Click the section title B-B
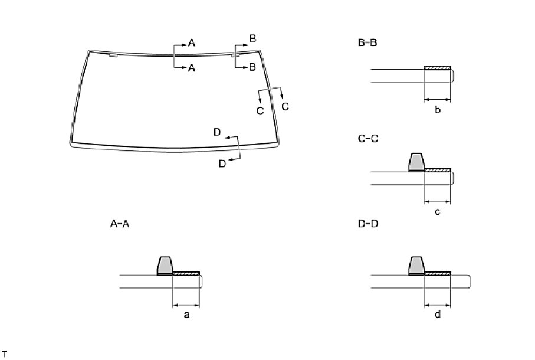click(367, 42)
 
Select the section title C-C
click(367, 139)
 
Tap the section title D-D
click(367, 224)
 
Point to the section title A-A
click(120, 224)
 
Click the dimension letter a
click(186, 315)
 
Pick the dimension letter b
click(438, 110)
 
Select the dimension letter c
click(438, 212)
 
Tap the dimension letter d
click(438, 315)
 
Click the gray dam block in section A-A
click(165, 266)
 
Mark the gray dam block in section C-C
click(416, 162)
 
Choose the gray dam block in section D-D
click(416, 266)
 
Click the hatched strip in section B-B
click(438, 67)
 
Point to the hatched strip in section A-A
click(186, 273)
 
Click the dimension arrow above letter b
click(438, 99)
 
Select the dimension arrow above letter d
click(438, 305)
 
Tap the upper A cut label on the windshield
click(192, 42)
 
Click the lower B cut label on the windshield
click(252, 67)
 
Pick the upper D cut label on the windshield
click(217, 133)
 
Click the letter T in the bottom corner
click(4, 354)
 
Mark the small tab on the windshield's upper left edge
click(114, 55)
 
